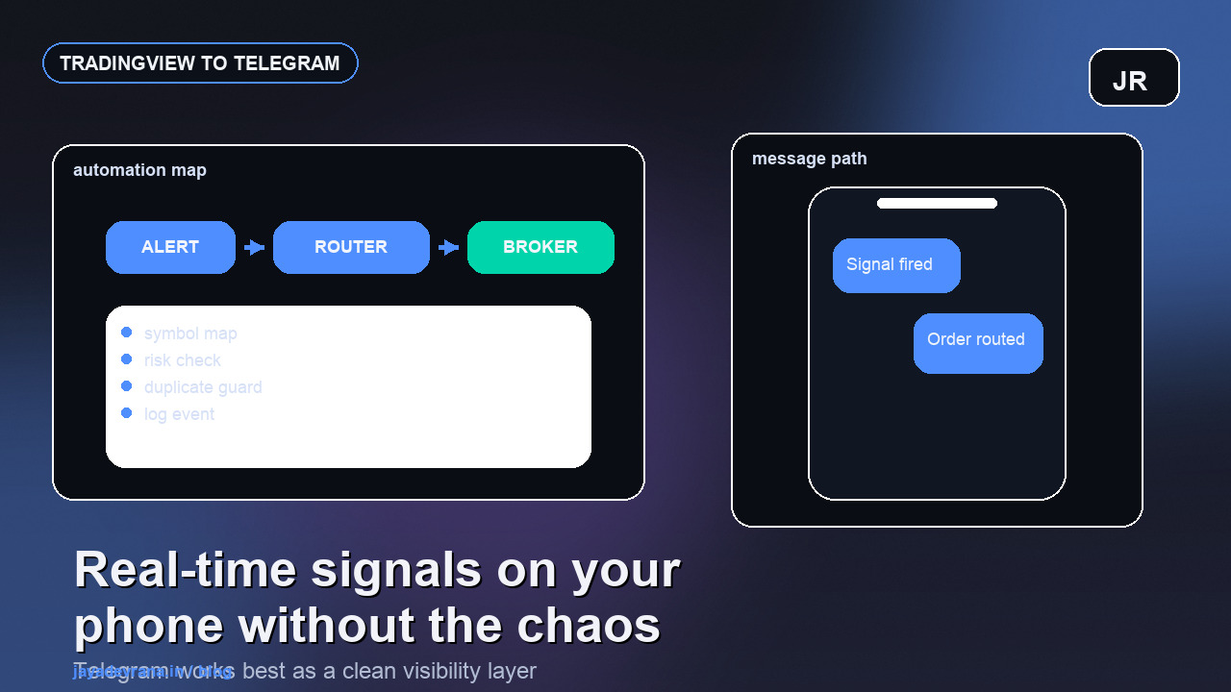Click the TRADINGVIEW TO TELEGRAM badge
200,63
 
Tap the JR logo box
1133,78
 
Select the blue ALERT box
170,247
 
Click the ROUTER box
351,247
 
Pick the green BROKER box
540,247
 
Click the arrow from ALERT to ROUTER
254,248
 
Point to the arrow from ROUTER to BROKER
448,248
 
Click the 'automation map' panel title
139,170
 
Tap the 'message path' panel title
809,159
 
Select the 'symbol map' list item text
190,334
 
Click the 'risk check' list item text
183,360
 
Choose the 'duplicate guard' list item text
203,387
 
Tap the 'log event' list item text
179,414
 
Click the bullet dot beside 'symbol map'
126,333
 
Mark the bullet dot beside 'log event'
126,413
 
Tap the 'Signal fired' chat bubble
895,265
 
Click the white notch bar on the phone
937,204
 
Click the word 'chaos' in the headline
590,626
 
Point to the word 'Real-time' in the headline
185,570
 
